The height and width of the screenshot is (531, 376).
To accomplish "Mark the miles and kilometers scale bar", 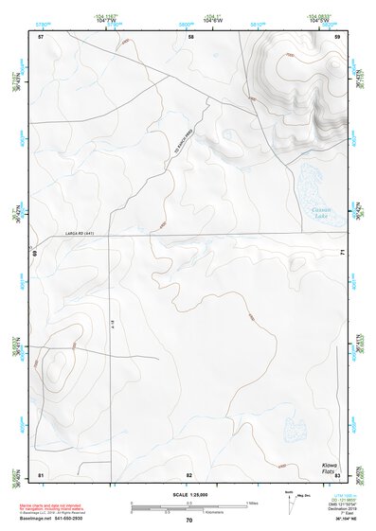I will [189, 507].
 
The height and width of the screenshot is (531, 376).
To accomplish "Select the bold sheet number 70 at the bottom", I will [189, 521].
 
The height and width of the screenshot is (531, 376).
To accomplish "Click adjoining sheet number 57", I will [41, 37].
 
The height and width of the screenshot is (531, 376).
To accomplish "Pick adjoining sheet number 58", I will [190, 37].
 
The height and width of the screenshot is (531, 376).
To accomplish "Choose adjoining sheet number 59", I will [337, 37].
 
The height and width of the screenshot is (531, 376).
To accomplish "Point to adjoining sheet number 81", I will [41, 473].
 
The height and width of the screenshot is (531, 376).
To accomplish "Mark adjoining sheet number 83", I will [336, 473].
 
